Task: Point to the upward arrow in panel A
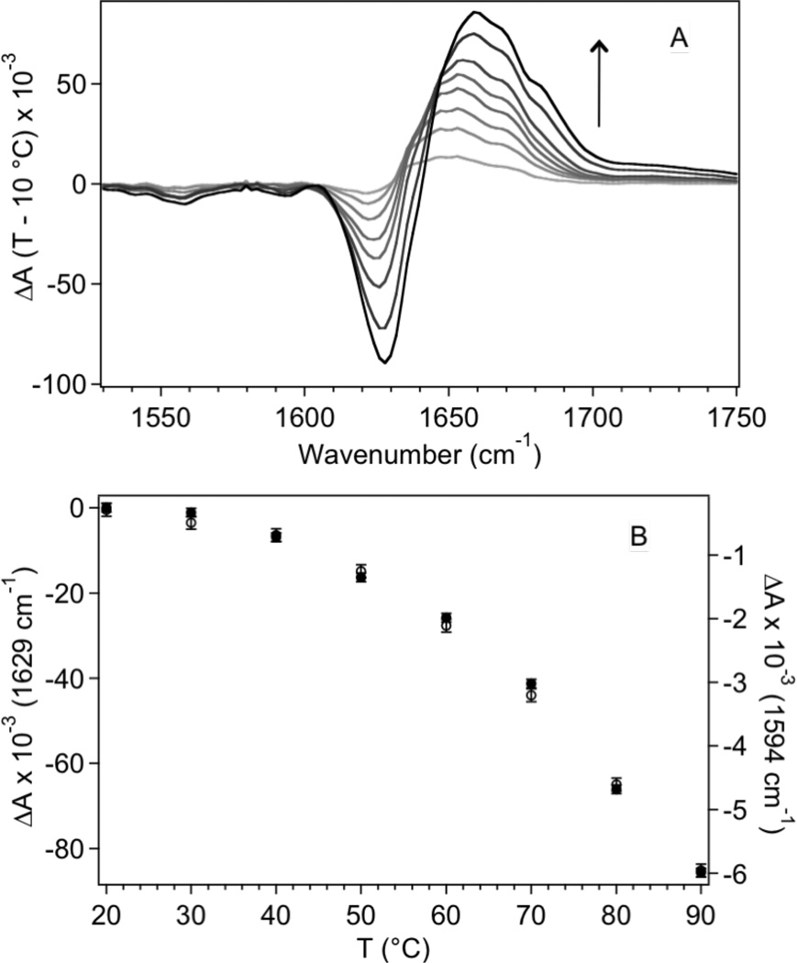coord(598,83)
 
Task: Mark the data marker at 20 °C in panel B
coord(106,508)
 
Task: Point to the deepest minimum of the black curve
coord(386,362)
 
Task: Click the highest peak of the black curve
coord(475,12)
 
